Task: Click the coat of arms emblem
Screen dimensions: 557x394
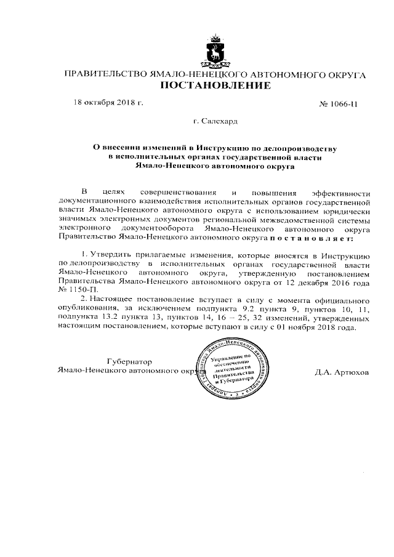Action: pyautogui.click(x=215, y=50)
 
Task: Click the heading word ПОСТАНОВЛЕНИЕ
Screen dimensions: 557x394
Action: pyautogui.click(x=215, y=86)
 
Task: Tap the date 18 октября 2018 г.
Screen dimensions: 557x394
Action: pyautogui.click(x=108, y=103)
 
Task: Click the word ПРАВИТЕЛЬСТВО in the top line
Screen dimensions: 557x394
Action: pyautogui.click(x=102, y=75)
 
